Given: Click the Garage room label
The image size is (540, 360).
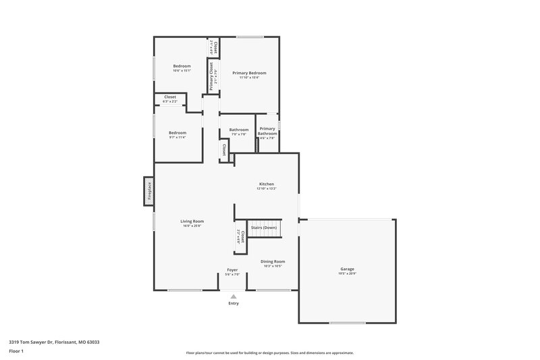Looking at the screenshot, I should coord(347,268).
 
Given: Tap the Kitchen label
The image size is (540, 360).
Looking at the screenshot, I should coord(267,184).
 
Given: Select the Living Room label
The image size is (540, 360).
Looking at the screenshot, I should coord(192,221).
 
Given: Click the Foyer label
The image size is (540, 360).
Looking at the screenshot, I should coord(232,269).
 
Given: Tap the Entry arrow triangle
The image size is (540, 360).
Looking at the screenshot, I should coord(233,296).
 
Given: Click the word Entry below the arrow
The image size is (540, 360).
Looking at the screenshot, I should coord(233,303).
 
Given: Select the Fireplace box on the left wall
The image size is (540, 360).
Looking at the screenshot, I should coord(148,191).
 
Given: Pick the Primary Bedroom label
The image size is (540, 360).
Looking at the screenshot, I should coord(249,72).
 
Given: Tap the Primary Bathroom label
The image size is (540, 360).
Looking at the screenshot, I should coord(267,131).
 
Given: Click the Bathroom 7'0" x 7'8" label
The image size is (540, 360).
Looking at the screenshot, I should coord(239,132).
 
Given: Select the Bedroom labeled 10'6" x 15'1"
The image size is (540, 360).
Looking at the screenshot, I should coord(182,66).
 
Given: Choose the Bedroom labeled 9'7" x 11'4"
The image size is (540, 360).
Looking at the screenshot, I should coord(177,132).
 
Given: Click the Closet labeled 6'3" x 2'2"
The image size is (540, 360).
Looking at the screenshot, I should coord(170,97).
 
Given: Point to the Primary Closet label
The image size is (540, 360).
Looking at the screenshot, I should coord(211,76).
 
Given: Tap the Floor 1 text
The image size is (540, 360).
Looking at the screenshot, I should coord(16,351).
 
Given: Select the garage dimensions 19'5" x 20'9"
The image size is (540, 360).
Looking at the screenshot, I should coord(347,274).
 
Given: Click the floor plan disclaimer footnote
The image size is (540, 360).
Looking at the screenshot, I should coord(269,353).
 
